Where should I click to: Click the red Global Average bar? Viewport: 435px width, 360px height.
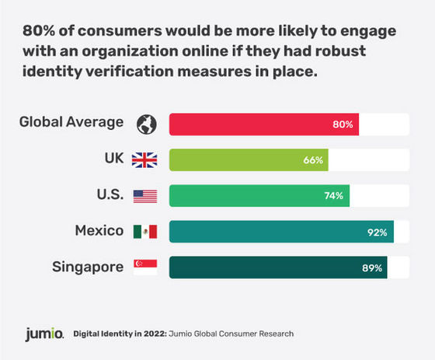click(264, 124)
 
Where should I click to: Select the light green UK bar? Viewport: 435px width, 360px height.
click(249, 160)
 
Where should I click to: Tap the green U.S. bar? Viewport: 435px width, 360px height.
click(259, 196)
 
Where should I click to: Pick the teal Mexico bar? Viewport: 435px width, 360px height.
click(281, 232)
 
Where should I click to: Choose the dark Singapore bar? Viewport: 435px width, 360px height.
click(278, 267)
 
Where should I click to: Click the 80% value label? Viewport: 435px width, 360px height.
click(343, 124)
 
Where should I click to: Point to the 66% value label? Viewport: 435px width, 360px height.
click(313, 160)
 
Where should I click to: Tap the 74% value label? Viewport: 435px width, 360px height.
click(334, 196)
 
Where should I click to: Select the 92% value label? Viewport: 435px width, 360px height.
click(378, 232)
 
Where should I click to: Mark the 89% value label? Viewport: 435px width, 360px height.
click(372, 267)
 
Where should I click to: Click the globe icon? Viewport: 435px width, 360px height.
click(145, 124)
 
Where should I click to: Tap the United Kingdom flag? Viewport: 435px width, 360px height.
click(145, 160)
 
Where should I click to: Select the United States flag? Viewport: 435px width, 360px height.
click(145, 196)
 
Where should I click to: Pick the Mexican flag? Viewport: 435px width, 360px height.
click(145, 232)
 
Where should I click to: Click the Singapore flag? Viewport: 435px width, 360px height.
click(145, 267)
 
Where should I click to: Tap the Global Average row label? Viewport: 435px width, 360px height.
click(71, 123)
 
